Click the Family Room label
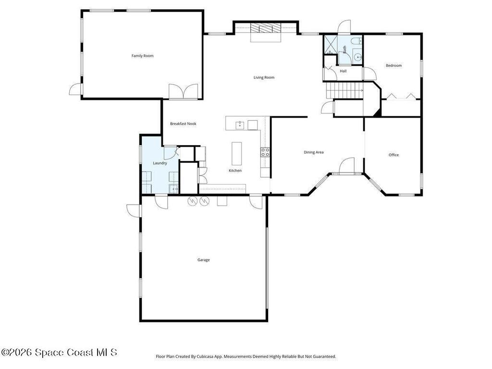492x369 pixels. (x=142, y=56)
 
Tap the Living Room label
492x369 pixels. (x=264, y=77)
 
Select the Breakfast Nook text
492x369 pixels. (x=183, y=123)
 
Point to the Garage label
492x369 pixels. (x=204, y=260)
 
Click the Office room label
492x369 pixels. (x=394, y=155)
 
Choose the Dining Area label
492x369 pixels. (x=313, y=152)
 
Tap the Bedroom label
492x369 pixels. (x=394, y=65)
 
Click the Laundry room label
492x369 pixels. (x=160, y=163)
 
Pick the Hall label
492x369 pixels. (x=343, y=71)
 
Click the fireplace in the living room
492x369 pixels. (x=265, y=28)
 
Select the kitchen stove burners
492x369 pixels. (x=265, y=152)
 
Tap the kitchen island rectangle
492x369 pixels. (x=237, y=153)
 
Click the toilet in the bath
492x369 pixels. (x=356, y=41)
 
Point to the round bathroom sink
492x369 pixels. (x=357, y=58)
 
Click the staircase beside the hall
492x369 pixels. (x=344, y=90)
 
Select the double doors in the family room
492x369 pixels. (x=184, y=91)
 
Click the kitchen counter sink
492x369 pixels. (x=240, y=125)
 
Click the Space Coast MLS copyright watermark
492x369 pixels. (x=59, y=352)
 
